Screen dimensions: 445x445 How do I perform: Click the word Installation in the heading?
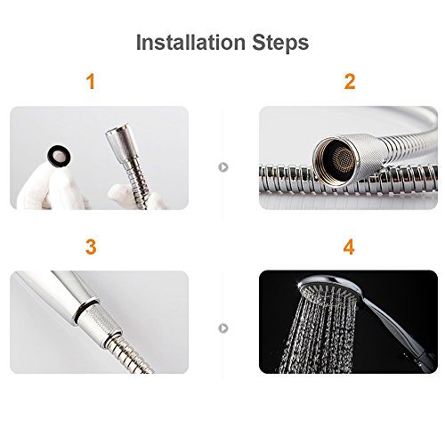click(190, 43)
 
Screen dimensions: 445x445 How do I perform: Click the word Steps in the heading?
click(280, 43)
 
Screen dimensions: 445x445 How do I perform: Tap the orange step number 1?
click(91, 82)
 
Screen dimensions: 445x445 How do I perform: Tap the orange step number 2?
click(350, 82)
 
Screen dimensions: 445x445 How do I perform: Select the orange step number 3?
click(91, 247)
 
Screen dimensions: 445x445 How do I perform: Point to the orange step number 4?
click(349, 247)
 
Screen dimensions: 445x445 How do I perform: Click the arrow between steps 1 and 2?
click(223, 167)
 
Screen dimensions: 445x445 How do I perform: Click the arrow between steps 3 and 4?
click(223, 328)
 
